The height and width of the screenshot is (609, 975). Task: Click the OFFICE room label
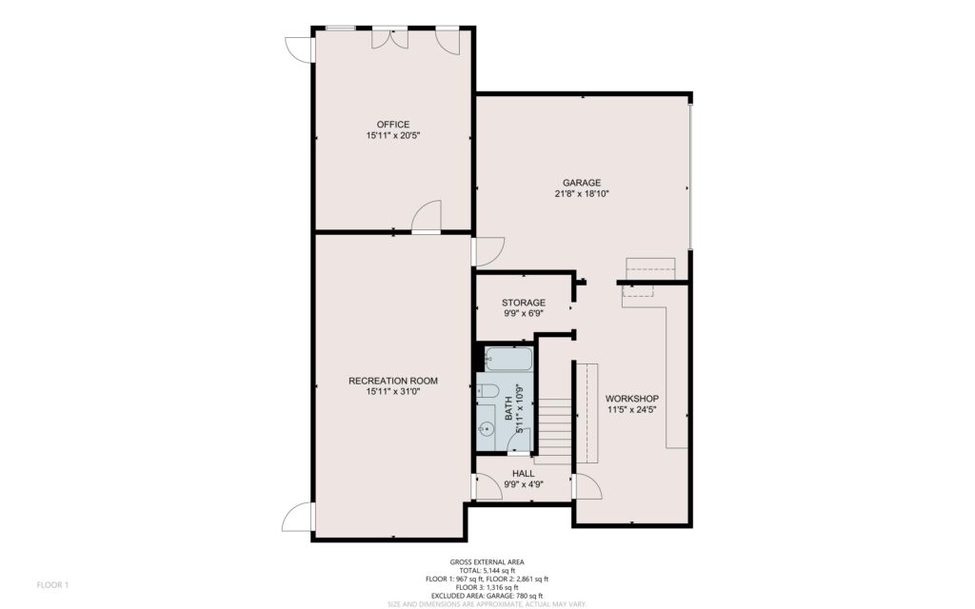393,125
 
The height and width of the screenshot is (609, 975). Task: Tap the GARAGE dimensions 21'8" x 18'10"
582,194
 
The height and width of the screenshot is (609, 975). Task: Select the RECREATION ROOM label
393,381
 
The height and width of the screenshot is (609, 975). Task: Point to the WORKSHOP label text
632,399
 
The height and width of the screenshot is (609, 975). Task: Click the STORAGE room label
524,303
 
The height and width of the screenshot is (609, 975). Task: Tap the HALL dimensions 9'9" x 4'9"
524,484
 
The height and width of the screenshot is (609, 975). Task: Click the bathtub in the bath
508,359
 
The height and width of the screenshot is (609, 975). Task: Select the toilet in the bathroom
488,391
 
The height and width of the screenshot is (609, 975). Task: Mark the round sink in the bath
487,428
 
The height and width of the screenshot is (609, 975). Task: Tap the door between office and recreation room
427,216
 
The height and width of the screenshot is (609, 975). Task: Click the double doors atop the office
389,38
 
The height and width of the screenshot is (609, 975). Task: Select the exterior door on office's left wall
299,49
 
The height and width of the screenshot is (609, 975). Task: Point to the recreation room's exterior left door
298,517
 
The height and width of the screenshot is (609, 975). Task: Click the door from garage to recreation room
488,251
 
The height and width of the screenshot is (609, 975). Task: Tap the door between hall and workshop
587,486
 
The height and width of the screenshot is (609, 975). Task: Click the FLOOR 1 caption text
52,585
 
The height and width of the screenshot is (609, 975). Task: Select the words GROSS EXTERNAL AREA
487,562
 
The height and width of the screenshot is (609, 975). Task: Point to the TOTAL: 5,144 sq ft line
487,571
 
